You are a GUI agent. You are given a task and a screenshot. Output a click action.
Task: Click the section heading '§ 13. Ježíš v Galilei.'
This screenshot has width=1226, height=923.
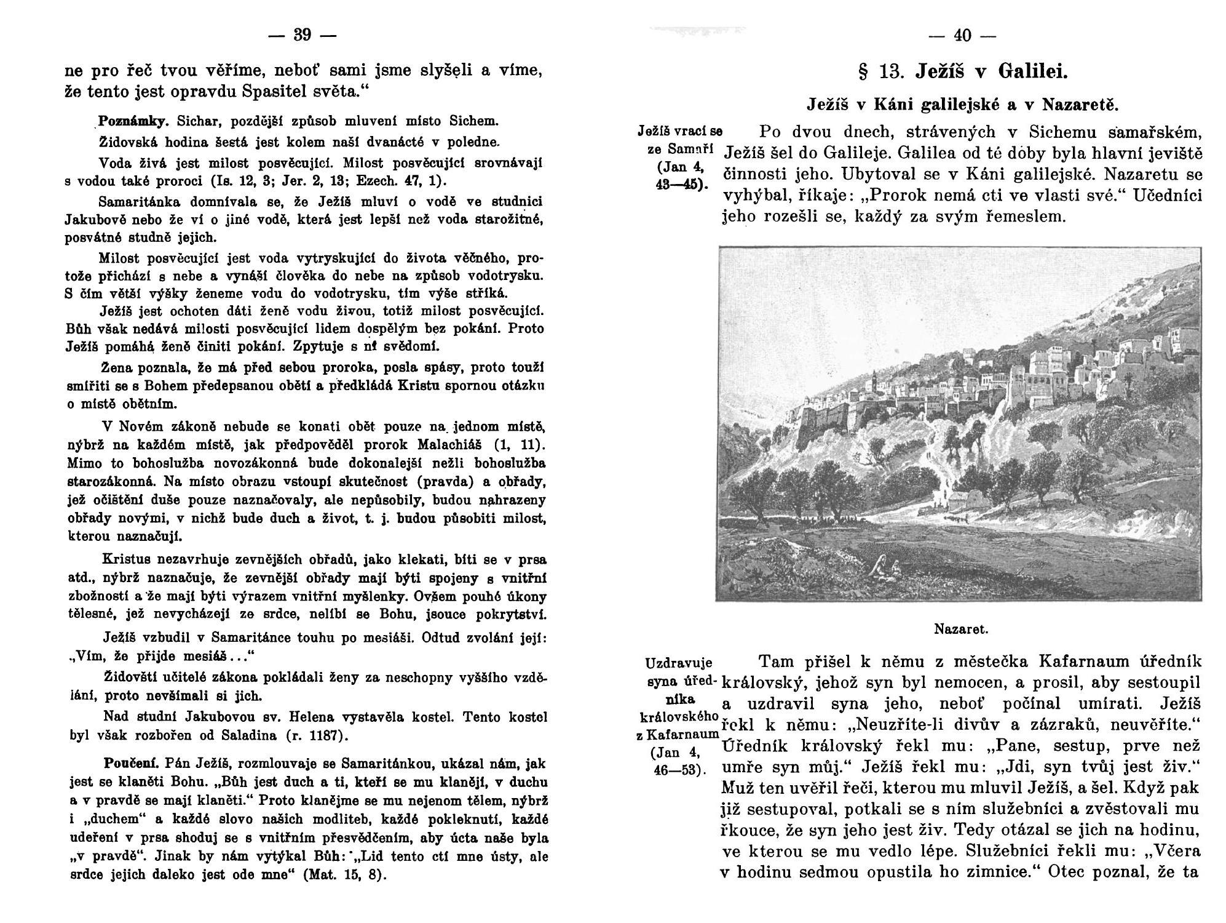click(x=962, y=73)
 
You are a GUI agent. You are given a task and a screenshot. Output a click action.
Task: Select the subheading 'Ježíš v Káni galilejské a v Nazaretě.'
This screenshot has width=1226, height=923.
click(x=962, y=105)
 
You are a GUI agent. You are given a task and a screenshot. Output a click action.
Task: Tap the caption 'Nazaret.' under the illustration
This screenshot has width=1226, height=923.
click(x=960, y=629)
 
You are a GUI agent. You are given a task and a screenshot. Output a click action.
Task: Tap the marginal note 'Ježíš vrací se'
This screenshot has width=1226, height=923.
click(x=680, y=132)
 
